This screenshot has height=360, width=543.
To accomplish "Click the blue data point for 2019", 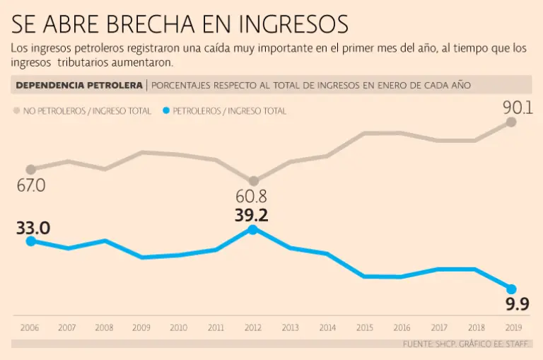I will [x=511, y=289].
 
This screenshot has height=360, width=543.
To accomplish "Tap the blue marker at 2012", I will [x=253, y=229].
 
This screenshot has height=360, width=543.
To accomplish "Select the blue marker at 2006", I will [x=30, y=241].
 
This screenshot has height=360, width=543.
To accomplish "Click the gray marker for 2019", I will [x=511, y=122].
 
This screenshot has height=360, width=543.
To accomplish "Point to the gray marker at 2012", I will [x=253, y=181].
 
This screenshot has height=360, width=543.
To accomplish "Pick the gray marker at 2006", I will [x=30, y=169].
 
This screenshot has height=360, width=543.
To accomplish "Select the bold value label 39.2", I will [x=252, y=215].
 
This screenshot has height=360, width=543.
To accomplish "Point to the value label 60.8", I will [x=251, y=197].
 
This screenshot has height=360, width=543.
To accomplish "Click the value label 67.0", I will [x=30, y=185].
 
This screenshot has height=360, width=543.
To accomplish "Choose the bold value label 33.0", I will [x=33, y=228].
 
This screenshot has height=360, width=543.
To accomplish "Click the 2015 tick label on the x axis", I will [x=364, y=327].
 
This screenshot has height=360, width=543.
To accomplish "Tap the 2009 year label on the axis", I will [x=141, y=327].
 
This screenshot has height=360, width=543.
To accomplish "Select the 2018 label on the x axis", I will [x=475, y=327].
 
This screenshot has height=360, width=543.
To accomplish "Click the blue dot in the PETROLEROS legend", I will [x=166, y=111].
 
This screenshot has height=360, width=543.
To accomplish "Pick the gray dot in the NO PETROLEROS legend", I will [x=16, y=111].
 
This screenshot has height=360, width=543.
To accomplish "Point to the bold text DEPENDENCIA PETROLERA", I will [x=78, y=86].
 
